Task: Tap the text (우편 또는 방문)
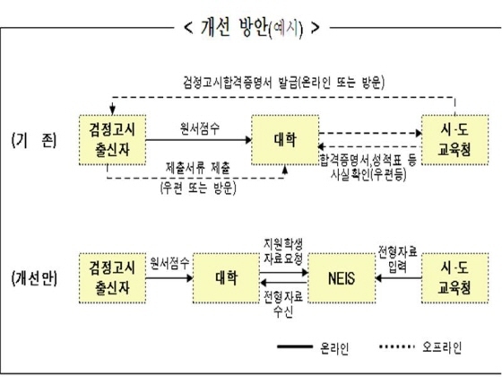(196, 189)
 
